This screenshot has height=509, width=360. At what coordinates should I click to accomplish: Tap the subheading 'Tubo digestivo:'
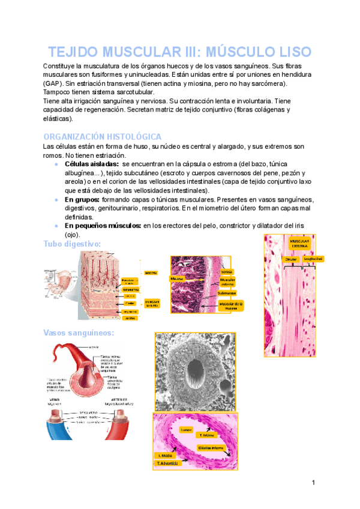click(72, 243)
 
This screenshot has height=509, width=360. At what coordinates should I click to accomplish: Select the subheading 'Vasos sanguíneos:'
click(79, 333)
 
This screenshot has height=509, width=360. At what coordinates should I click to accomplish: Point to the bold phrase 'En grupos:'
click(83, 199)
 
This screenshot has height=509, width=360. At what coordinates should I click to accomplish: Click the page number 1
click(313, 483)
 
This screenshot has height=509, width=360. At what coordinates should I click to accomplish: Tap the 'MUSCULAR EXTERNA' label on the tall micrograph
click(299, 244)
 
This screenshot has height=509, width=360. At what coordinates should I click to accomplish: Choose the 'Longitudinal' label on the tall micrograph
click(313, 259)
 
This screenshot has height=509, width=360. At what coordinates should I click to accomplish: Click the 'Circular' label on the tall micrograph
click(291, 259)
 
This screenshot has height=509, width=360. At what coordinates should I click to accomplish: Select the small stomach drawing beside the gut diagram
click(55, 285)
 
